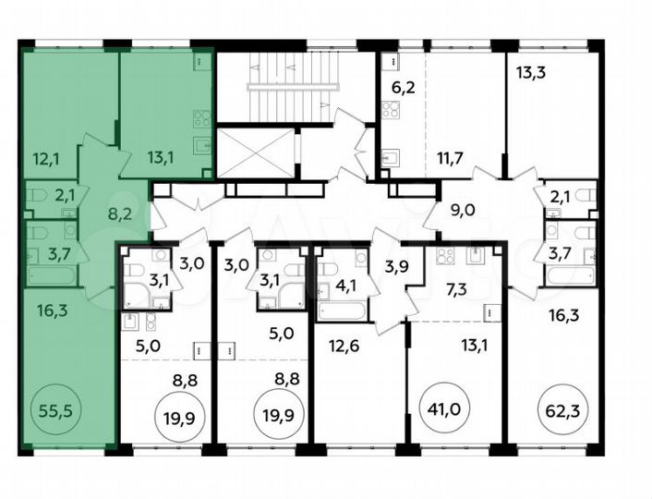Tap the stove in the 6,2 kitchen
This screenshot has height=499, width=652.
[x=391, y=110]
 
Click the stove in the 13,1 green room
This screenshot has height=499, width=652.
[x=201, y=118]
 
